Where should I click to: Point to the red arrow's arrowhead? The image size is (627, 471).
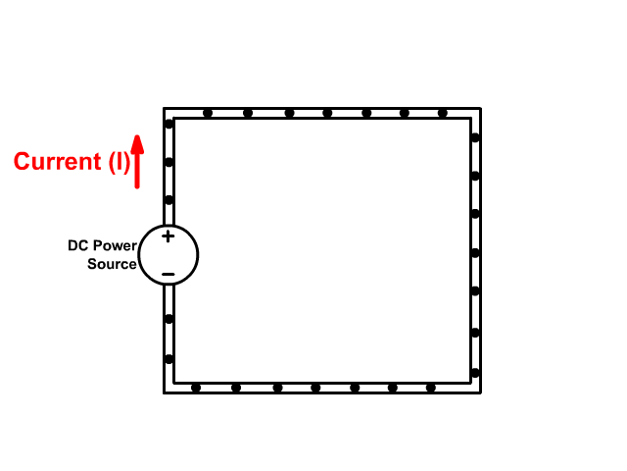(x=138, y=143)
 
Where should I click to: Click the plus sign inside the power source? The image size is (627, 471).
(x=168, y=235)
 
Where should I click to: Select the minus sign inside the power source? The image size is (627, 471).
(x=168, y=274)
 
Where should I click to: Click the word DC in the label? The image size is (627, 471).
(x=77, y=245)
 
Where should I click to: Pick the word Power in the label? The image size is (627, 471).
(x=114, y=245)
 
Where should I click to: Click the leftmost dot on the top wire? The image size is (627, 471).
(x=208, y=113)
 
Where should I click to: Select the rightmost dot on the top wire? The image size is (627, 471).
(x=443, y=113)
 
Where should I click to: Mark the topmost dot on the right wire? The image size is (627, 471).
(x=475, y=138)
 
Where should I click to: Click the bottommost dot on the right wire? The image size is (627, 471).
(x=475, y=373)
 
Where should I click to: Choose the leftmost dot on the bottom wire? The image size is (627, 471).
(x=196, y=388)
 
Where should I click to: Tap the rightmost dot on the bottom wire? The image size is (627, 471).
(x=431, y=388)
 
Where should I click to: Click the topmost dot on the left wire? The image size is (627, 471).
(x=169, y=124)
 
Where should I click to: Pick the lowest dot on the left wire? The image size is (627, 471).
(x=169, y=359)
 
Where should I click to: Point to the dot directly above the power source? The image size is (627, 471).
(x=169, y=200)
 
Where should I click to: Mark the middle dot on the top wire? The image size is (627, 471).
(x=327, y=113)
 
